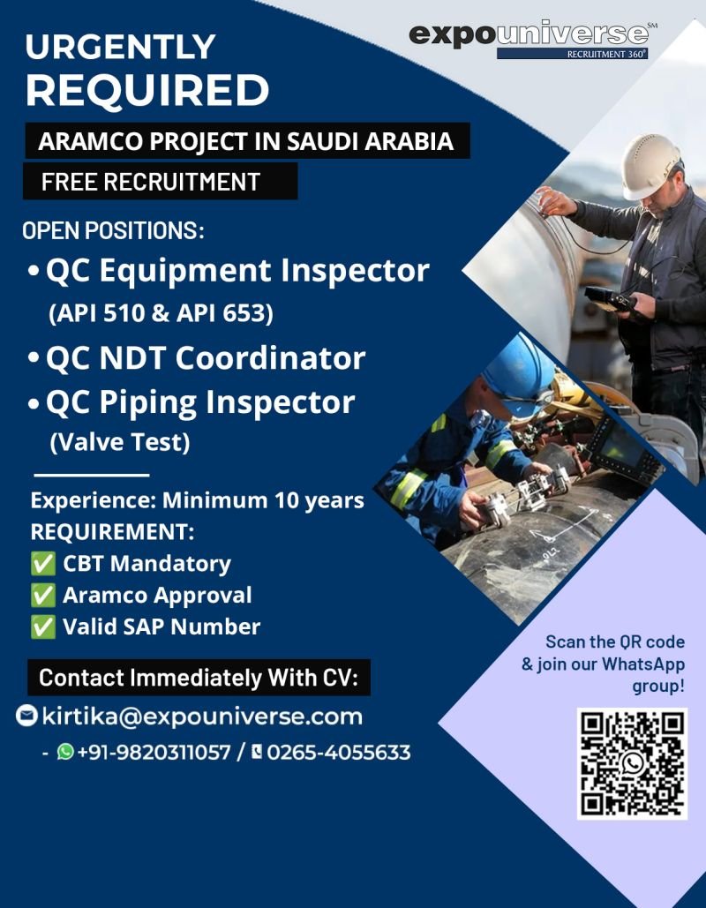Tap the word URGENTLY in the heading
pos(121,46)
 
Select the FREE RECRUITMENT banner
pos(160,181)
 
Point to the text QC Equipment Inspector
pos(237,270)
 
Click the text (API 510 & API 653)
pos(161,313)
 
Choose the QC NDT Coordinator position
pos(206,357)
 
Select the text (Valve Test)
pos(120,442)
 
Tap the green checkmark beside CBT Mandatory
pos(43,564)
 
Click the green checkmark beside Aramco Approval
pos(43,596)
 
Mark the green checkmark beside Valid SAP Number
pos(43,627)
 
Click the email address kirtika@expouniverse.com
pos(202,717)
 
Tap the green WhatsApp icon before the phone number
pos(65,752)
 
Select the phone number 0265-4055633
pos(339,752)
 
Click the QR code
pos(633,763)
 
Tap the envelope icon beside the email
pos(26,716)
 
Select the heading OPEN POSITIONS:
pos(114,230)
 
